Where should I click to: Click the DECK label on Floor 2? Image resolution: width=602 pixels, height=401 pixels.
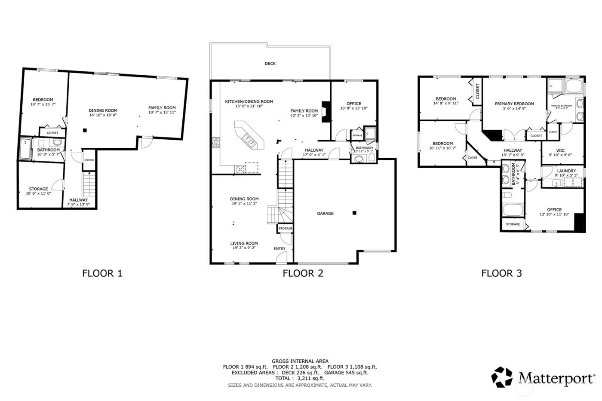click(x=270, y=64)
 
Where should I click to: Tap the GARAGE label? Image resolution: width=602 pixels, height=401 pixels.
click(x=325, y=214)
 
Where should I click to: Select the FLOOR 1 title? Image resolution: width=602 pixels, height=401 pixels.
click(x=102, y=273)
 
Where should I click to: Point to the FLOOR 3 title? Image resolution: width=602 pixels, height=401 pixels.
click(x=501, y=273)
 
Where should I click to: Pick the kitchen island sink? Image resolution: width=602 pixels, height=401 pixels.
click(x=248, y=138)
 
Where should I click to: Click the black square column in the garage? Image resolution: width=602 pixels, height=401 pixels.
click(x=354, y=213)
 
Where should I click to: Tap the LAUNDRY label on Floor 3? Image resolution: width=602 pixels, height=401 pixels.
click(x=566, y=171)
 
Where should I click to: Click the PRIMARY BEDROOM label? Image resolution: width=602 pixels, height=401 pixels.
click(x=514, y=104)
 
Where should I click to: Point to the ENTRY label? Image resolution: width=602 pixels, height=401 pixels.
click(x=279, y=249)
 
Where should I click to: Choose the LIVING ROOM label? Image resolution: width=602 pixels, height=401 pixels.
click(x=244, y=244)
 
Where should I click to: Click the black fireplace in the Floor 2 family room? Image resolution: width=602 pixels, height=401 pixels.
click(x=326, y=112)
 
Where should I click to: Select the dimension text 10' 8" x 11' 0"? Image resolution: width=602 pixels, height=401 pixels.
click(x=38, y=194)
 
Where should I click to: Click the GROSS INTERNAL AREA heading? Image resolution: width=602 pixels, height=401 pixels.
click(x=300, y=361)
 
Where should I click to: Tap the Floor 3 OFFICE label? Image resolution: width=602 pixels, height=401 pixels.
click(x=554, y=210)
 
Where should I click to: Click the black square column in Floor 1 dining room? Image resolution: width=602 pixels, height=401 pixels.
click(x=85, y=130)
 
